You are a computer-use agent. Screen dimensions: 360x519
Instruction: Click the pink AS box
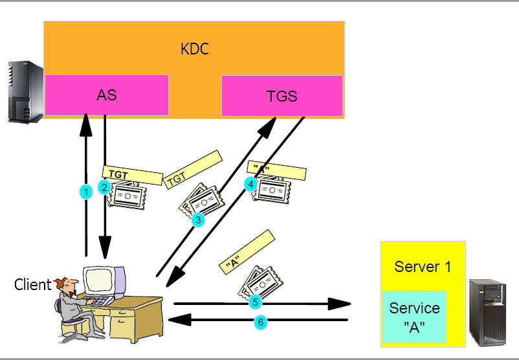(x=107, y=95)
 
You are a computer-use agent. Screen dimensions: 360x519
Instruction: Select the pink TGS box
(x=282, y=96)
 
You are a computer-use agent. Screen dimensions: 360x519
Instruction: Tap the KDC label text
(x=195, y=49)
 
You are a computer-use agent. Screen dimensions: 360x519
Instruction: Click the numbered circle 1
(x=85, y=192)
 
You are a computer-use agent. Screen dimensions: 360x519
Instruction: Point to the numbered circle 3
(x=199, y=220)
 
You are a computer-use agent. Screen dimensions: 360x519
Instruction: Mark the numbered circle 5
(x=255, y=302)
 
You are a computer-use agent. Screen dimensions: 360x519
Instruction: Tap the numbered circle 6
(x=260, y=322)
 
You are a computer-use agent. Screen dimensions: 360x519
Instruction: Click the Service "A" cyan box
(x=414, y=317)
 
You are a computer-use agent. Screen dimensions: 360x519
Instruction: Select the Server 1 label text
(x=423, y=266)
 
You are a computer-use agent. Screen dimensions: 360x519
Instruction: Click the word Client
(x=32, y=284)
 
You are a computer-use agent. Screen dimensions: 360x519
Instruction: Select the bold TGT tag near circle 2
(x=133, y=175)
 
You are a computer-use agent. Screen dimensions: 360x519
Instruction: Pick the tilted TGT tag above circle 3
(x=193, y=170)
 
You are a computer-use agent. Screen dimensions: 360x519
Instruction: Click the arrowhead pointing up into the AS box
(x=85, y=122)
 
